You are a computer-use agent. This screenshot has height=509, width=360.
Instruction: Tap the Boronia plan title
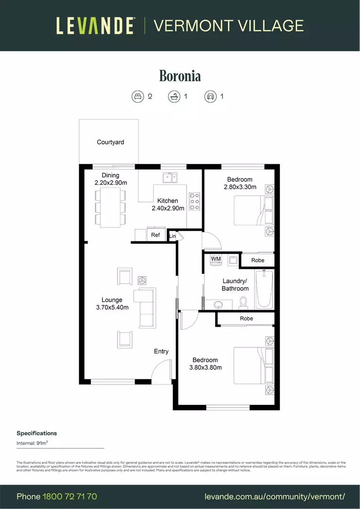coord(180,76)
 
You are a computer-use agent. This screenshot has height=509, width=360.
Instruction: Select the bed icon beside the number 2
coord(137,97)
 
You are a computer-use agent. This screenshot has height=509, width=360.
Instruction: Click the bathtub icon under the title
coord(174,97)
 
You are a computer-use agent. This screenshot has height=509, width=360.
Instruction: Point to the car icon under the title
coord(210,97)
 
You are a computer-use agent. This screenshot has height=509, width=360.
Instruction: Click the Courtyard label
coord(110,142)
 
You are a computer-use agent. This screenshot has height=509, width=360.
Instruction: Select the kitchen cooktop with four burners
coord(194,201)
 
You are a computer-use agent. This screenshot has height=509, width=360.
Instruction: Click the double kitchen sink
coord(170,178)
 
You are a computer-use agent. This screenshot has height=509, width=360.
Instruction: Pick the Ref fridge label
coord(155,235)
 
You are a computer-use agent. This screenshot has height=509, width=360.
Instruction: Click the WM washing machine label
coord(216,259)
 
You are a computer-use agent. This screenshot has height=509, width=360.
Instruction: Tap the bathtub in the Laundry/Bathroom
coord(264,288)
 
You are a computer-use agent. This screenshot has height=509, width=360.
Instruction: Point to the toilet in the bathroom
coord(244,301)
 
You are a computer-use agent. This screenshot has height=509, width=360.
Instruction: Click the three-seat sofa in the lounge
coord(145,308)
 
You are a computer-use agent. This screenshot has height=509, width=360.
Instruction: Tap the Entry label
coord(161,352)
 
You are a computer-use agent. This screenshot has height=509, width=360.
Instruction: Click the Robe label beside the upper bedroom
coord(258,260)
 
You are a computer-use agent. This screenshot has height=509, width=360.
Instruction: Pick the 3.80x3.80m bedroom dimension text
coord(205,368)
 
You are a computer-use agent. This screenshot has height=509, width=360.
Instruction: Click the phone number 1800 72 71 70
coord(70,496)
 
